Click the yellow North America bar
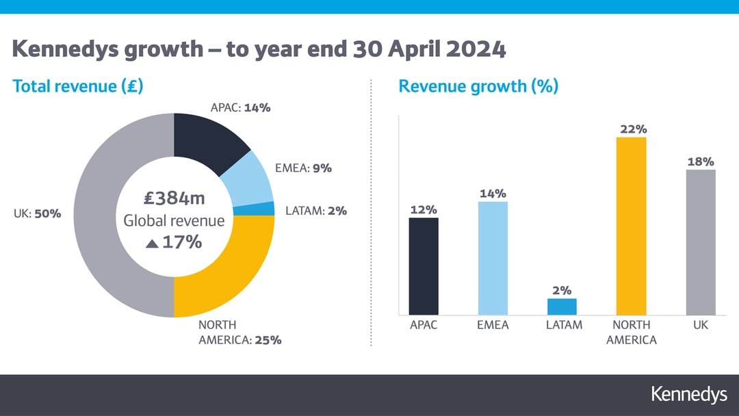click(x=631, y=226)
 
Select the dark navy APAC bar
click(x=424, y=266)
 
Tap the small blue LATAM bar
click(x=562, y=307)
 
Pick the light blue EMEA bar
click(x=493, y=258)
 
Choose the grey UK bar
click(x=700, y=242)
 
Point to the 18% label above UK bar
click(x=700, y=162)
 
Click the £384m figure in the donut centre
click(x=174, y=199)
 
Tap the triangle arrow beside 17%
click(x=153, y=243)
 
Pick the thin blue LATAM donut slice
click(x=263, y=209)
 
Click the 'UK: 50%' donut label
click(x=37, y=213)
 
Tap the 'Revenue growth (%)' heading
click(x=478, y=87)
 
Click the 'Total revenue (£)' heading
click(x=77, y=87)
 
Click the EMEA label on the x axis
click(x=493, y=325)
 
